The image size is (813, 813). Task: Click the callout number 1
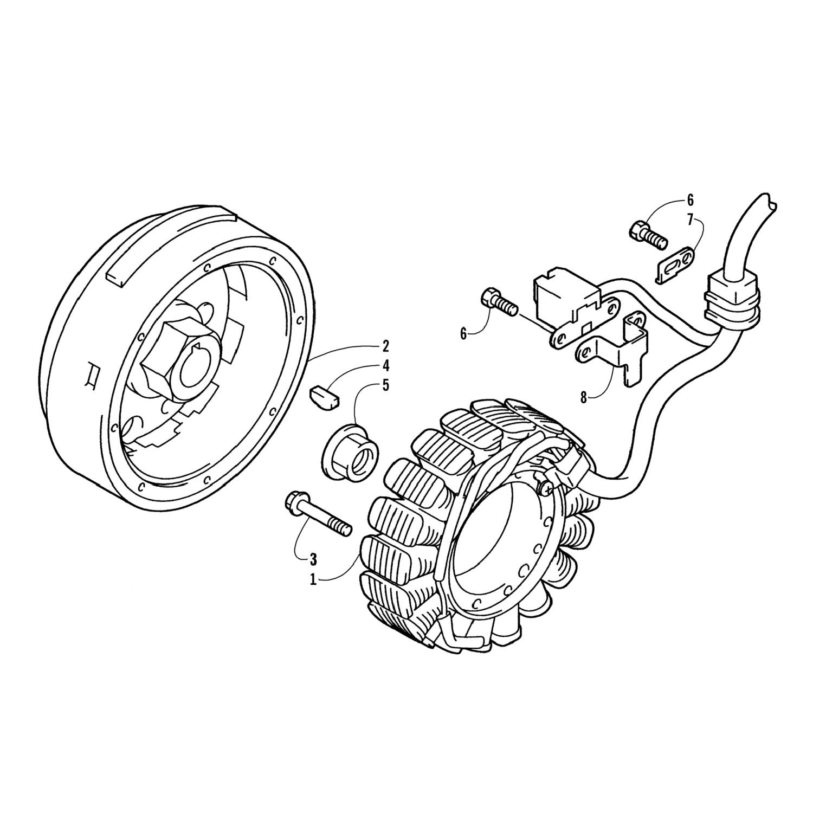coord(313,579)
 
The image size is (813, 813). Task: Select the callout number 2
coord(385,346)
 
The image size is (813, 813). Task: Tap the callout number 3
coord(313,558)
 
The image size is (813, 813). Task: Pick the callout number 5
coord(385,385)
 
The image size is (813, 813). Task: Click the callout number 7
coord(690,219)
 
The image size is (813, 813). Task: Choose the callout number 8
coord(584,397)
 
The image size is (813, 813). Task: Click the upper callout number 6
coord(690,200)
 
